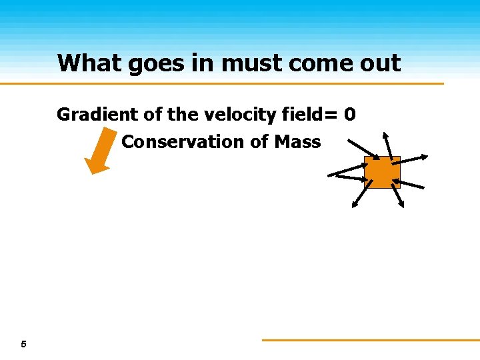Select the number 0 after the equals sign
[350, 115]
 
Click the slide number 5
[23, 345]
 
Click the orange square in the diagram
[382, 173]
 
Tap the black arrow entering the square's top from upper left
[363, 149]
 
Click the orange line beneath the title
[220, 83]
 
